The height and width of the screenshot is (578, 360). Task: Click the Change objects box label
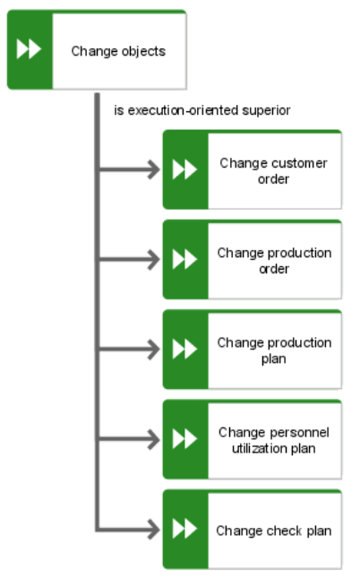pos(118,51)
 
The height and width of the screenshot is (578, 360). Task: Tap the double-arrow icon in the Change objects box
pos(29,49)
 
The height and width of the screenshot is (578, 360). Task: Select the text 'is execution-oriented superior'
pos(201,110)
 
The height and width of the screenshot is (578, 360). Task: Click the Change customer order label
pos(273,171)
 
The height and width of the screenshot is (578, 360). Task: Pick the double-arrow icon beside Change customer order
pos(184,169)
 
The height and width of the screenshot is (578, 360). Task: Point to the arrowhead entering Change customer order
pos(154,169)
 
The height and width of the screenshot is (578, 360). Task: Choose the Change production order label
pos(274,261)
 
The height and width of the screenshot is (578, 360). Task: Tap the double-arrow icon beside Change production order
pos(184,260)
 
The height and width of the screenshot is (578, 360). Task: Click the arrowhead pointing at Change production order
pos(154,260)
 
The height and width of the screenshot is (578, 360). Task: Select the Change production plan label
pos(274,350)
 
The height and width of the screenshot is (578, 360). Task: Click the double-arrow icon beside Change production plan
pos(184,349)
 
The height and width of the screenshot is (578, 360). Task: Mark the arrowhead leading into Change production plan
pos(154,349)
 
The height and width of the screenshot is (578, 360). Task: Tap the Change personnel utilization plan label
pos(274,441)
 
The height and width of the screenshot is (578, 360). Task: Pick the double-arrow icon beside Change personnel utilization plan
pos(184,439)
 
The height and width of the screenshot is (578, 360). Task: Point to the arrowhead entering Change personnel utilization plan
pos(154,439)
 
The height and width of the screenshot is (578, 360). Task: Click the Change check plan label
pos(274,531)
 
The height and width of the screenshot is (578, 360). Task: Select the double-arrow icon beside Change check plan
pos(184,529)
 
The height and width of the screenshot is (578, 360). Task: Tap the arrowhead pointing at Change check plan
pos(154,530)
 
